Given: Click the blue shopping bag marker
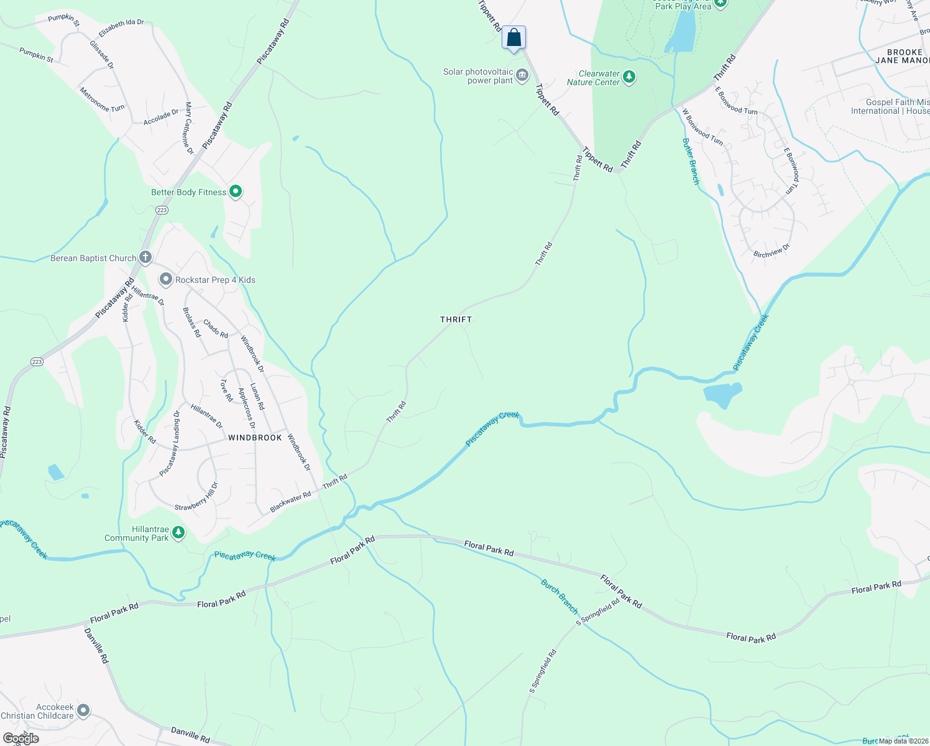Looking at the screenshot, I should coord(513,37).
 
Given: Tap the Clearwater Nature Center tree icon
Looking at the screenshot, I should coord(629,77).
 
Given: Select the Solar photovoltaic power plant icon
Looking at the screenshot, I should coord(522,76).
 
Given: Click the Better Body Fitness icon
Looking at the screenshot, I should coord(236,192).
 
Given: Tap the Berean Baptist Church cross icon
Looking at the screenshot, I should coord(145,257).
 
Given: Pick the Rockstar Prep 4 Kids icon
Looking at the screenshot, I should coord(165,280).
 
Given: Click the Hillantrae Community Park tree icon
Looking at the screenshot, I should coord(178,533).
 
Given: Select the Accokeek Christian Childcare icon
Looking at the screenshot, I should coord(83,711).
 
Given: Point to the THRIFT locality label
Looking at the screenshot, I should coord(456,320).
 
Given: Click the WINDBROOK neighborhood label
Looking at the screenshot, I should coord(255,438).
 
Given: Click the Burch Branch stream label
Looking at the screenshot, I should coord(559,596).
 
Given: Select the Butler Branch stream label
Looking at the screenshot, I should coord(691,162).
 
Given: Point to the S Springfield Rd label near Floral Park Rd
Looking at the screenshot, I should coord(598,612).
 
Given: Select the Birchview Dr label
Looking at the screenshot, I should coord(771,251).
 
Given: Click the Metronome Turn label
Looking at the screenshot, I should coord(102,99).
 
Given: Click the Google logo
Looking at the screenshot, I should coord(21,739).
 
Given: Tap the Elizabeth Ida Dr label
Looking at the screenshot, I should coord(121,27).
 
